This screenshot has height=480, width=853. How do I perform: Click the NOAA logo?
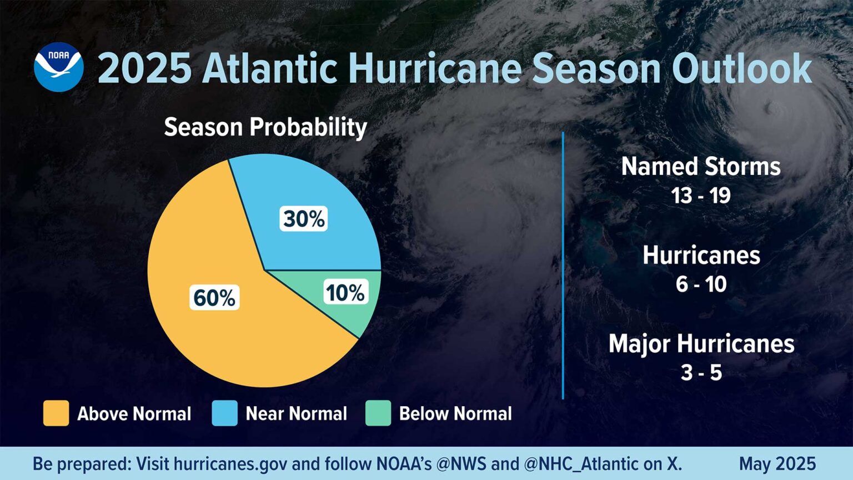[58, 67]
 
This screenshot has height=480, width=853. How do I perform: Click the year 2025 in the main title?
[144, 69]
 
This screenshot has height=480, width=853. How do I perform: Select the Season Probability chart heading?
[265, 127]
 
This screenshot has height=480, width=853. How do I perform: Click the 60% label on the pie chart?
[214, 298]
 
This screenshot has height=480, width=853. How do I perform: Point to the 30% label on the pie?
[303, 219]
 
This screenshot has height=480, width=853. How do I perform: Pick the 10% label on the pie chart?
[345, 293]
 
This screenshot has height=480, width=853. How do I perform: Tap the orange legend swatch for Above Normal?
[56, 413]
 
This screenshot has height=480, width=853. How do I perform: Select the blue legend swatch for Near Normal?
[224, 413]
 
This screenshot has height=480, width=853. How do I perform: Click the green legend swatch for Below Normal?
[378, 413]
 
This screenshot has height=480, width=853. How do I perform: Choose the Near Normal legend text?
[296, 414]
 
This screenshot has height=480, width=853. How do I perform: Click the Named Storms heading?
[701, 167]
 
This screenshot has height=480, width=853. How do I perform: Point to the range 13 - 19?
[701, 196]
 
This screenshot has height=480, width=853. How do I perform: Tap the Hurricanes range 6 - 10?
[701, 284]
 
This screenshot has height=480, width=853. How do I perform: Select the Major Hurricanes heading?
[701, 344]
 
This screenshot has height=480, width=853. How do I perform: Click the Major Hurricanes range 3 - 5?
[701, 373]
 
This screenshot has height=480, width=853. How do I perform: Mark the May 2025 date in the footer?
[777, 464]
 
